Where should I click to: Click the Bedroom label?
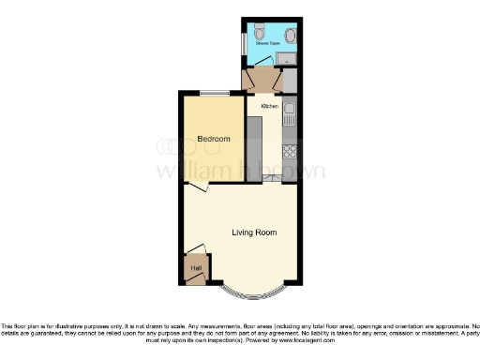tap(214, 140)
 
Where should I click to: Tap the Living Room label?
tap(254, 232)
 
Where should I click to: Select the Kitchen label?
tap(270, 107)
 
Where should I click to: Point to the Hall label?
tap(196, 269)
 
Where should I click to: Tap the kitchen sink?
tap(291, 116)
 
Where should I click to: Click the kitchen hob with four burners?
tap(291, 149)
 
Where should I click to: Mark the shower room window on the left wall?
tap(243, 42)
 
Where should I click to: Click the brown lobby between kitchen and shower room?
tap(262, 79)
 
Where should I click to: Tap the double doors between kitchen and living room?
tap(272, 178)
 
